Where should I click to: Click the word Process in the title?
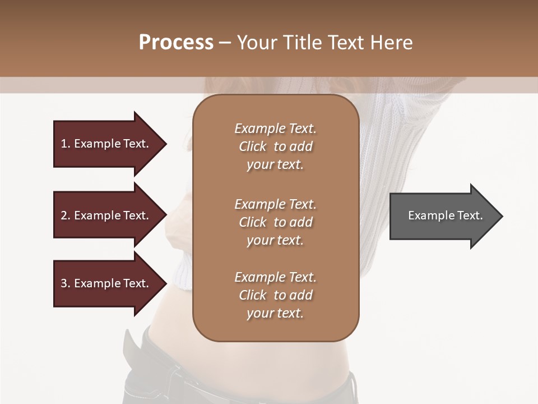176,42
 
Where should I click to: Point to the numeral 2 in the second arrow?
64,215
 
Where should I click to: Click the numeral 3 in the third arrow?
64,283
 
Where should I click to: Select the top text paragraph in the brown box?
275,146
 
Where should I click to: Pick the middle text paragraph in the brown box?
275,222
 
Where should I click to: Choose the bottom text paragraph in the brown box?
275,295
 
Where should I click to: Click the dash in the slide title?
225,43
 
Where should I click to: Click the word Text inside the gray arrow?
471,215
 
